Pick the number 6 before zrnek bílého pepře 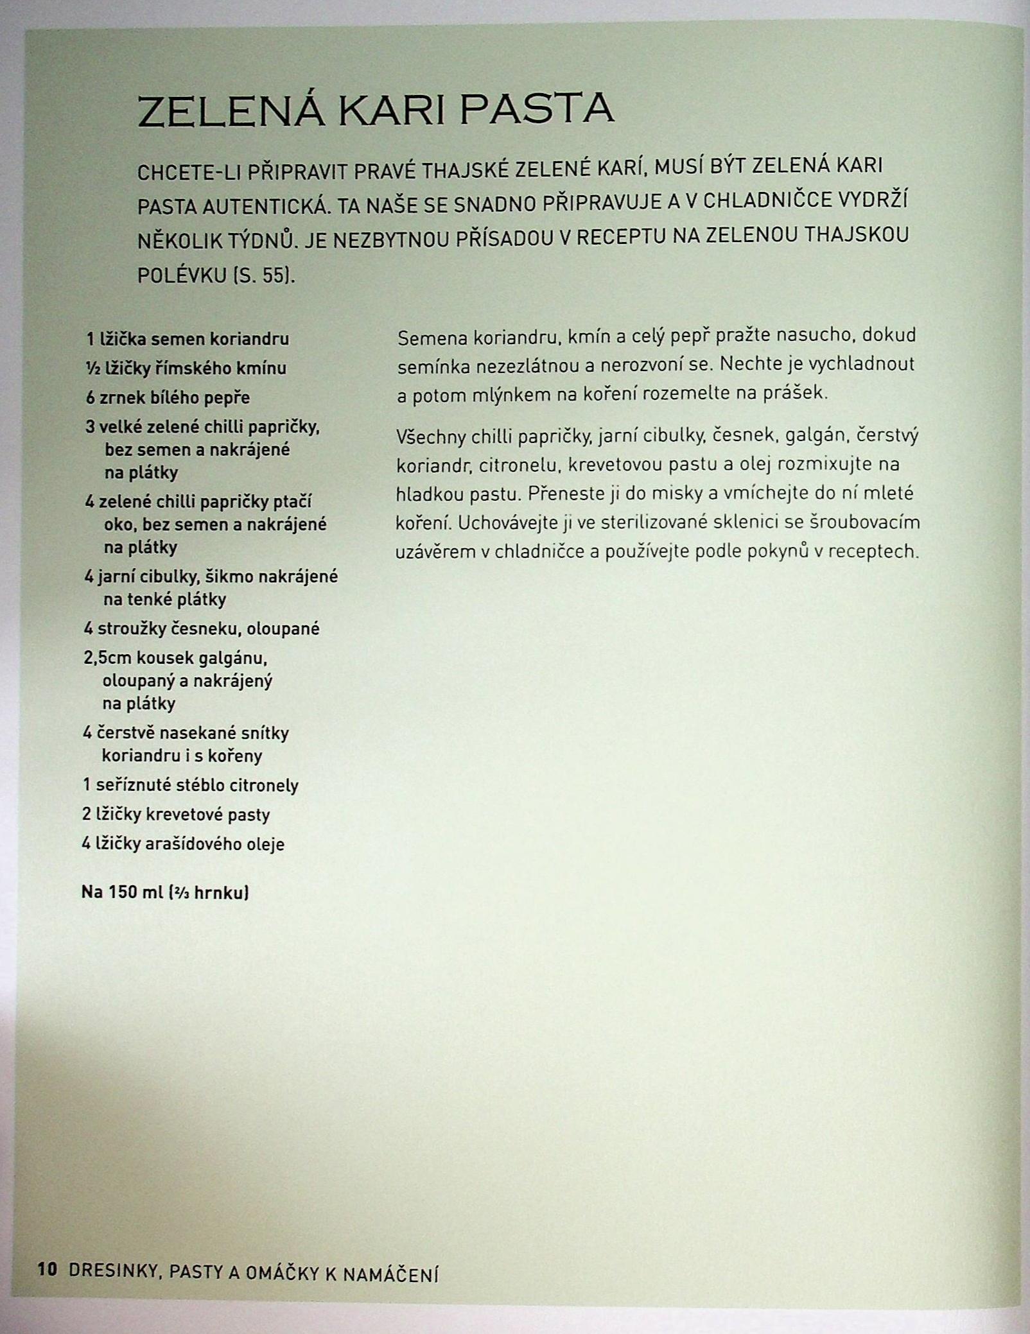pyautogui.click(x=90, y=398)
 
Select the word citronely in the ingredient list pyautogui.click(x=268, y=785)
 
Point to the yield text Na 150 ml pyautogui.click(x=123, y=892)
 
